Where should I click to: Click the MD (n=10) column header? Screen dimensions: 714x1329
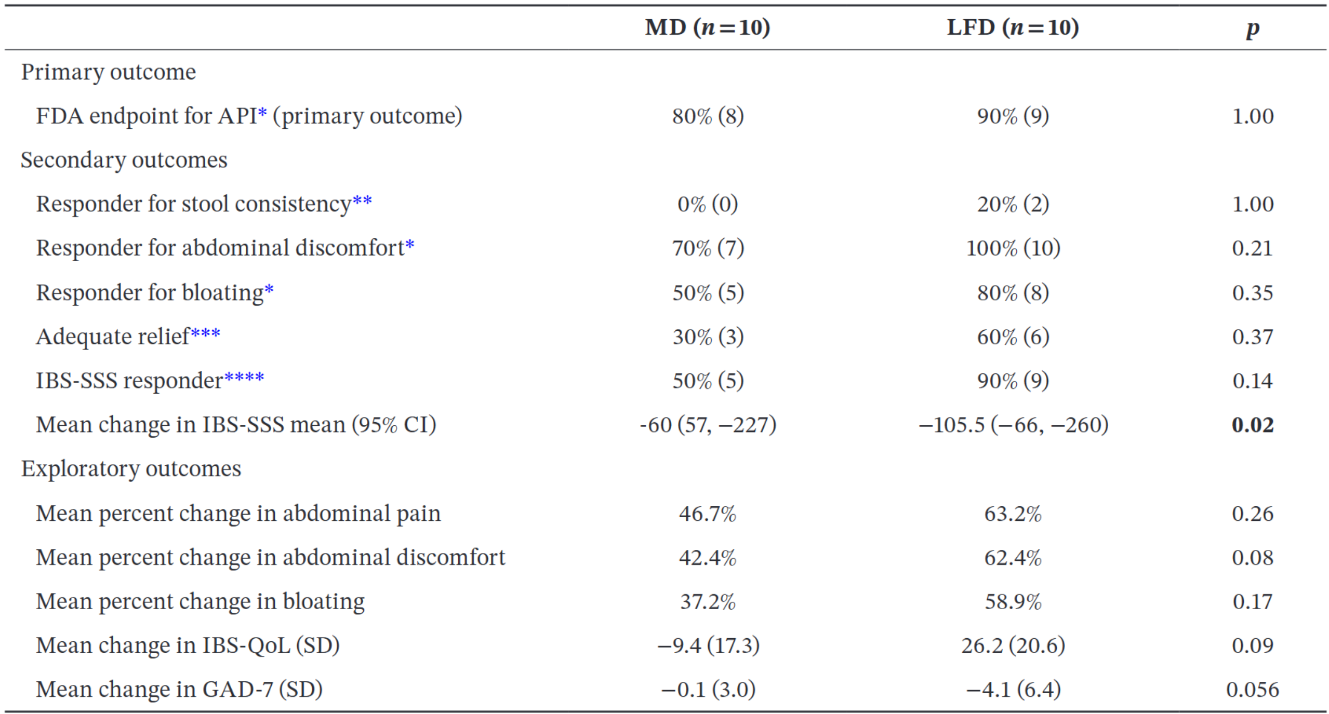point(707,27)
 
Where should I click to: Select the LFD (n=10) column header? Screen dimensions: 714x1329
point(1013,27)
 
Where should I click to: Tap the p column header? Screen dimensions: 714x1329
point(1252,29)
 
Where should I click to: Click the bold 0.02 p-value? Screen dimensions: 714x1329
point(1252,425)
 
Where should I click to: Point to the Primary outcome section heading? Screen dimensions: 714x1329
point(108,72)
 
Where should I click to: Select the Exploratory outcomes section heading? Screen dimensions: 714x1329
point(131,469)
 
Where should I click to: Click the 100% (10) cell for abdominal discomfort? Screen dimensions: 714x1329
point(1013,248)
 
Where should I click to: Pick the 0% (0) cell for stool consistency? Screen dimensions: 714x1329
point(707,204)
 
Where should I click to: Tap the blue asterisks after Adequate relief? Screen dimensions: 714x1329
point(205,333)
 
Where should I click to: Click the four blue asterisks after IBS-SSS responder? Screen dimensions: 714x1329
point(244,378)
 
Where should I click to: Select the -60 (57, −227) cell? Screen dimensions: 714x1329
point(707,425)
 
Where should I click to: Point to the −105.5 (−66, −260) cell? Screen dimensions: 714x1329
point(1013,425)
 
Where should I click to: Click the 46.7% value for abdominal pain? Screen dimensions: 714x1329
point(707,514)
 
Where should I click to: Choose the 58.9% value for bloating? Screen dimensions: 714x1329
point(1013,602)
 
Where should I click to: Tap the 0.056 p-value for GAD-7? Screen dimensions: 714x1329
point(1252,690)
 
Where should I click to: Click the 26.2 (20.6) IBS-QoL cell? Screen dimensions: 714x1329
point(1013,645)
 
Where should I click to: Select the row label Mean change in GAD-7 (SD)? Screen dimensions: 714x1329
point(179,690)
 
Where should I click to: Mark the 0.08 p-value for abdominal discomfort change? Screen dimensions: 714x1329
point(1252,558)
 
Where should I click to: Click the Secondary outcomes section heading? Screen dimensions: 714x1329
point(124,160)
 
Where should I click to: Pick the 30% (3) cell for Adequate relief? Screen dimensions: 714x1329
point(707,337)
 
